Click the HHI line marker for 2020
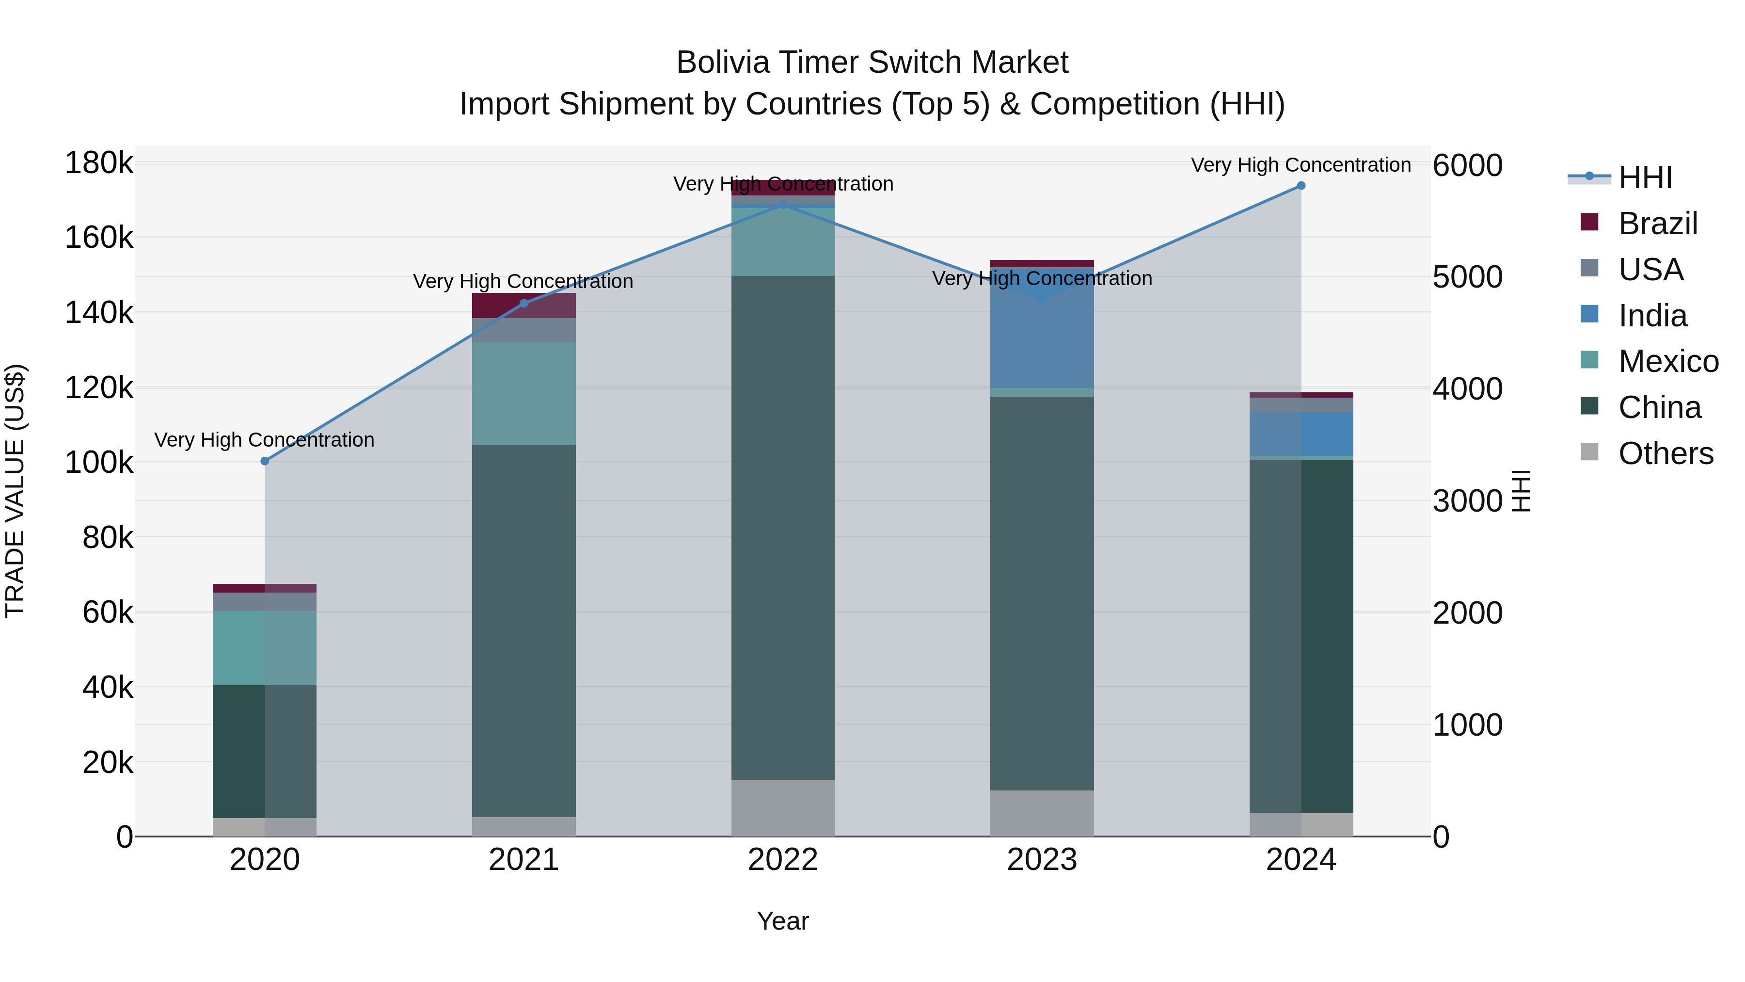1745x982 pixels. [265, 461]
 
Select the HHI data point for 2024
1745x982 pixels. [1301, 186]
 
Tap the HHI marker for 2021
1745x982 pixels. [523, 304]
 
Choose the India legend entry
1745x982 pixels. [1652, 316]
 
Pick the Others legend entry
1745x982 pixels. [1665, 453]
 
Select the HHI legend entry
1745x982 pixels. [1645, 177]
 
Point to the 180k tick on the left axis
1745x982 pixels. [99, 163]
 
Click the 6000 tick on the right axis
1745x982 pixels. [1467, 165]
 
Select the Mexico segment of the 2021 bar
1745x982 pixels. [523, 393]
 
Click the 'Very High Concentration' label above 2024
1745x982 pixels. [1301, 165]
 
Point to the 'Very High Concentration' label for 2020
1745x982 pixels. [264, 440]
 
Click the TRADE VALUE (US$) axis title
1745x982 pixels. [15, 491]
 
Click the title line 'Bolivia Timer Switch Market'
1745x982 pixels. [872, 63]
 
